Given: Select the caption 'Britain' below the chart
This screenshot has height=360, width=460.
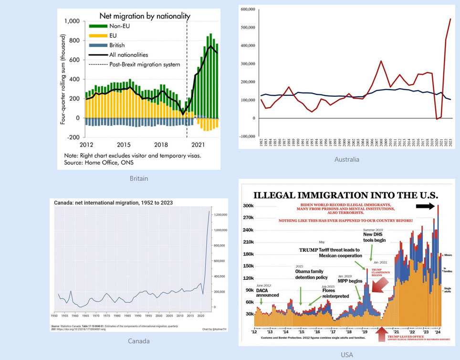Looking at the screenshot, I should (139, 178).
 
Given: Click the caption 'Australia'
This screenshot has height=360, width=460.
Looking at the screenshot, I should (347, 159).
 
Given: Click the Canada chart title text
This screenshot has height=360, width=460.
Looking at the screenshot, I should (113, 203).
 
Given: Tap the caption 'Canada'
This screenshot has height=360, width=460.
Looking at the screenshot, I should (139, 341).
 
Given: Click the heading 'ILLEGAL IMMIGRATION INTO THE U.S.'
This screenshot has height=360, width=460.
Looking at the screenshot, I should (345, 195).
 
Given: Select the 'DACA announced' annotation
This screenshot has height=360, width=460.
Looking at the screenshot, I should (267, 292).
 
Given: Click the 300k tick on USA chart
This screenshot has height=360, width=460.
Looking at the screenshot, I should (248, 206).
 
